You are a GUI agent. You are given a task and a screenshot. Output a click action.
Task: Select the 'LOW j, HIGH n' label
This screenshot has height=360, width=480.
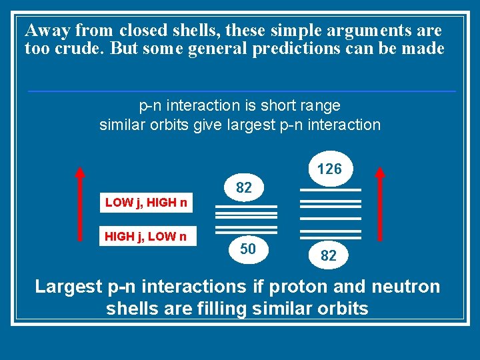pos(146,203)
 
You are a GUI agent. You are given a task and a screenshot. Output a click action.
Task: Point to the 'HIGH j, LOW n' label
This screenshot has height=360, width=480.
pos(146,235)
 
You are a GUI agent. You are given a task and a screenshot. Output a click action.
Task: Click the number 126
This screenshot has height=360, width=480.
pos(329,169)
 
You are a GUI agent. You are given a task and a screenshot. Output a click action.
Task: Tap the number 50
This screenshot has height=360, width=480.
pos(247,249)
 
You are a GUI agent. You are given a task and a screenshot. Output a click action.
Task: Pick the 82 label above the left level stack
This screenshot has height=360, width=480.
pos(244,188)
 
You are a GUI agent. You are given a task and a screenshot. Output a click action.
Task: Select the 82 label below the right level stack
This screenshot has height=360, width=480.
pos(328,255)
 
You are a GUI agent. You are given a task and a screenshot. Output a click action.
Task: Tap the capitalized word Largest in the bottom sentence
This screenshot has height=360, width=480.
pos(68,287)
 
